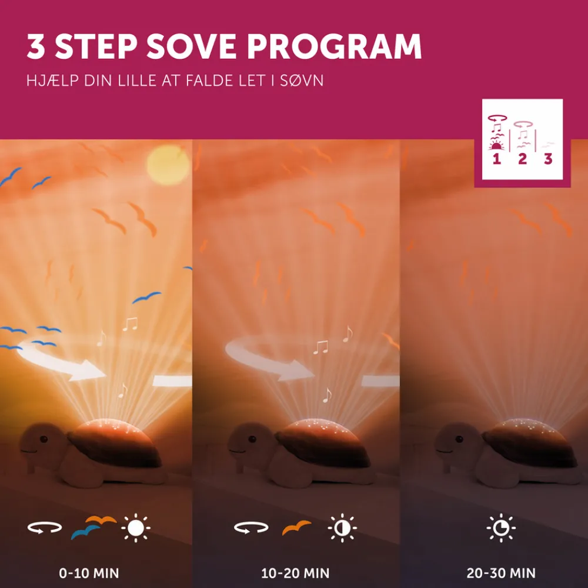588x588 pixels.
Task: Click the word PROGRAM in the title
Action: click(x=334, y=46)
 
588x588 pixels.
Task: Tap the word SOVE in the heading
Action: click(x=191, y=46)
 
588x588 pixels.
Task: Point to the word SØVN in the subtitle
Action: click(x=302, y=81)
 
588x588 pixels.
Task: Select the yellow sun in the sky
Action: click(x=168, y=165)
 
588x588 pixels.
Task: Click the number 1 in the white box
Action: click(x=497, y=159)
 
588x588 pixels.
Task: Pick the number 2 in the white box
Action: click(x=522, y=159)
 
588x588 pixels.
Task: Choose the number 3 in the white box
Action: click(x=548, y=159)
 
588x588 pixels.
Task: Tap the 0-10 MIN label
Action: click(x=89, y=573)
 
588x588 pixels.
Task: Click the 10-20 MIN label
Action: click(x=295, y=573)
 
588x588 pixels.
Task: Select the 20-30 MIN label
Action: click(x=501, y=573)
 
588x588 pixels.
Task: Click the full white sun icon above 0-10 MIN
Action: click(x=136, y=528)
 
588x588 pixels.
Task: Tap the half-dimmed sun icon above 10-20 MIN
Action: click(x=342, y=528)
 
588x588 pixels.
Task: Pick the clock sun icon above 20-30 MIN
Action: click(x=501, y=528)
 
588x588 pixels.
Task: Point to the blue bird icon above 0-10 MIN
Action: click(x=85, y=532)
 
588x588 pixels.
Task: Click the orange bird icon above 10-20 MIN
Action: click(x=296, y=527)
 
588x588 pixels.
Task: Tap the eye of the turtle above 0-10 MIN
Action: click(x=44, y=439)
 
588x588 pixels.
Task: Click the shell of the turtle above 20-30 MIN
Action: click(x=529, y=443)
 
